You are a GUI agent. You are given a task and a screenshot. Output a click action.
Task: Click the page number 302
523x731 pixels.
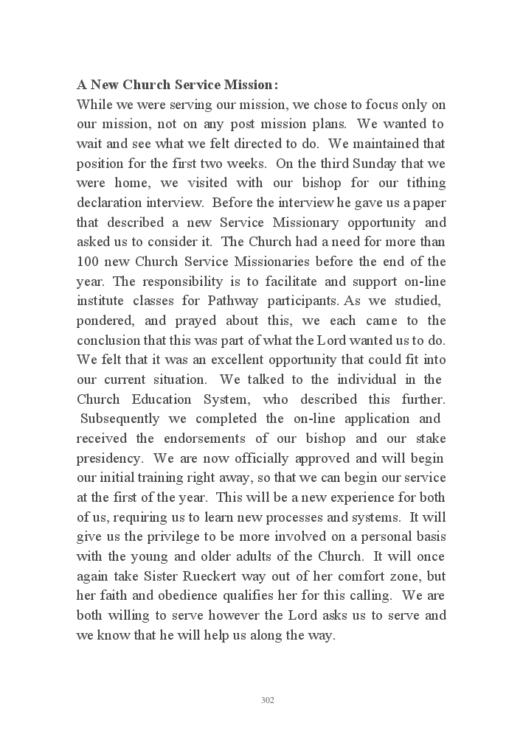(x=268, y=700)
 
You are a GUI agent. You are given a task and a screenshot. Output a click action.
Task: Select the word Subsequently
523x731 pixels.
(x=118, y=419)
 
